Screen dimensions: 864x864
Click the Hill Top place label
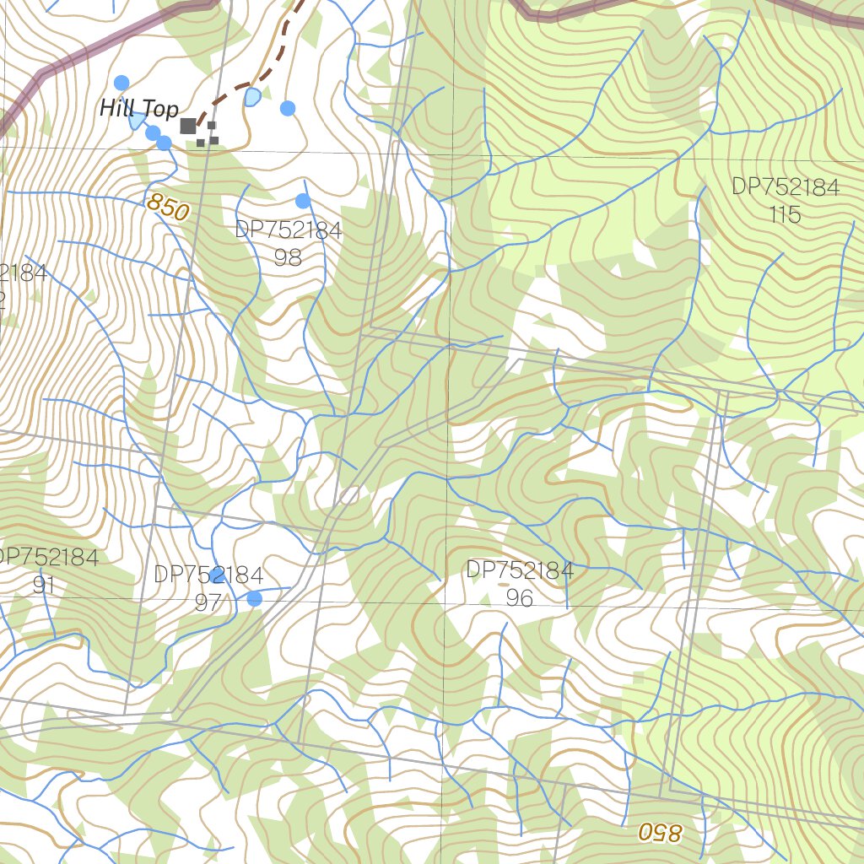pyautogui.click(x=139, y=109)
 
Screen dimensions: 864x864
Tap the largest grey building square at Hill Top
pyautogui.click(x=188, y=126)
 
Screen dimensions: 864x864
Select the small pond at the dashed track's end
pyautogui.click(x=251, y=97)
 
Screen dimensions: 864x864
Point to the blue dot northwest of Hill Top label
pyautogui.click(x=121, y=83)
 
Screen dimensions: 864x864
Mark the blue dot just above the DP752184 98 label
pyautogui.click(x=303, y=201)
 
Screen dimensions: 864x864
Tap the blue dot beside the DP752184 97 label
pyautogui.click(x=254, y=598)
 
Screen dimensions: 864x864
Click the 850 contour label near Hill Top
pyautogui.click(x=166, y=208)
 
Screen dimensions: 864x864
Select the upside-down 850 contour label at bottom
pyautogui.click(x=658, y=832)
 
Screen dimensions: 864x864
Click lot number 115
pyautogui.click(x=785, y=215)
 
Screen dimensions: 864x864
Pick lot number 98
pyautogui.click(x=288, y=257)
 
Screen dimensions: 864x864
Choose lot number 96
pyautogui.click(x=520, y=597)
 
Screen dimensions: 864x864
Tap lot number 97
pyautogui.click(x=208, y=602)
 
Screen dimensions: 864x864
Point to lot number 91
pyautogui.click(x=44, y=585)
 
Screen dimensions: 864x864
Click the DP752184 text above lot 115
pyautogui.click(x=786, y=187)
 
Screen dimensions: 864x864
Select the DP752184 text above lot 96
pyautogui.click(x=520, y=570)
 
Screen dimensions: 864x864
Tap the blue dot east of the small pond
pyautogui.click(x=288, y=108)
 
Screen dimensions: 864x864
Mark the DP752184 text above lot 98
pyautogui.click(x=289, y=230)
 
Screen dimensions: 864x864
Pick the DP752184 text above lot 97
pyautogui.click(x=208, y=575)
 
